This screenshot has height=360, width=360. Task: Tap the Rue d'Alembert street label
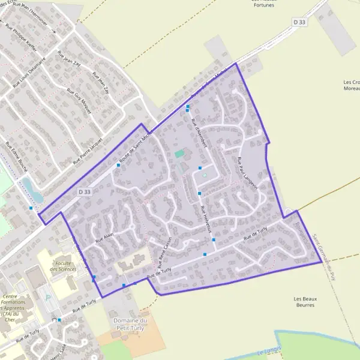pyautogui.click(x=199, y=131)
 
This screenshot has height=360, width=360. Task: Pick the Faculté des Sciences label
pyautogui.click(x=63, y=266)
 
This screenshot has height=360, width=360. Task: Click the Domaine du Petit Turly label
pyautogui.click(x=130, y=325)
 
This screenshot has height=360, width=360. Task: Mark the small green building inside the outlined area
pyautogui.click(x=179, y=154)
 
